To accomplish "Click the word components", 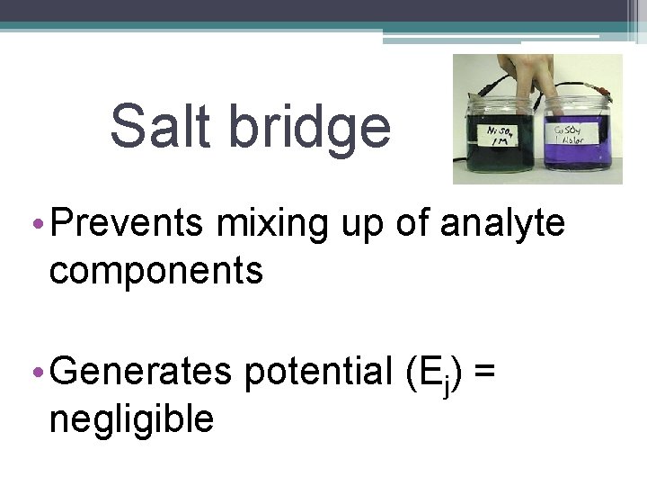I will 156,269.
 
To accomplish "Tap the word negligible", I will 131,418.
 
